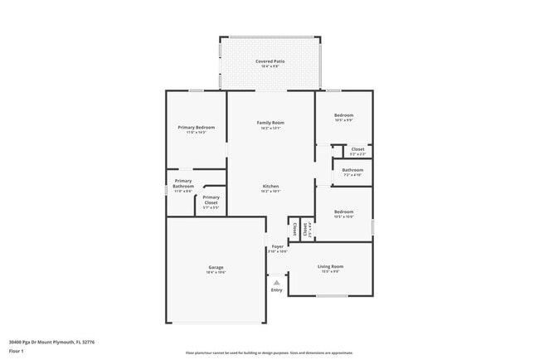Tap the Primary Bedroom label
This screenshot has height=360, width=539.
coord(196,127)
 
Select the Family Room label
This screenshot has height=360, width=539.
coord(270,122)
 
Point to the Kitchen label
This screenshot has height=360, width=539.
coord(270,186)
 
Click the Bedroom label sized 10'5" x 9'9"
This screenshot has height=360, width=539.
coord(343,114)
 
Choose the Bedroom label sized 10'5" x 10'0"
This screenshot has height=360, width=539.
coord(343,212)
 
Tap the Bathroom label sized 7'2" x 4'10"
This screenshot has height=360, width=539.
coord(352,169)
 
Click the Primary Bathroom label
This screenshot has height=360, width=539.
coord(183,183)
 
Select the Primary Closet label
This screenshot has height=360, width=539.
coord(211,199)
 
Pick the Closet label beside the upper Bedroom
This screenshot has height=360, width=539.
coord(357,149)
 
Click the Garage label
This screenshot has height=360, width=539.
coord(216,267)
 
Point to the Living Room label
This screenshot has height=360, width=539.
coord(330,266)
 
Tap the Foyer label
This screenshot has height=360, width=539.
coord(277,246)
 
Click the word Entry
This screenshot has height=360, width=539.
coord(276,289)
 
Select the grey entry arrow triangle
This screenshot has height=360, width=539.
coord(276,282)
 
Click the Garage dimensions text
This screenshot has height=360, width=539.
coord(216,272)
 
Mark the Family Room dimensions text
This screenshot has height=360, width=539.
coord(270,128)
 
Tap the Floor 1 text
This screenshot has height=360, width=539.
coord(17,351)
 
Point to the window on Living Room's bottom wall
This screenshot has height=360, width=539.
coord(331,295)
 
